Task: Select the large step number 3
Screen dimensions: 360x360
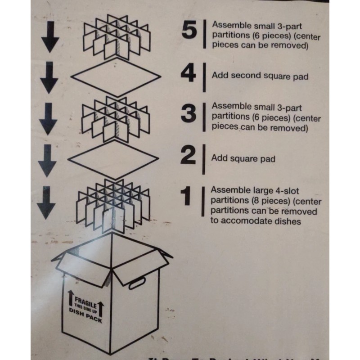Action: [x=189, y=114]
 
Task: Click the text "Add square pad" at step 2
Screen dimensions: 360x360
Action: [x=243, y=159]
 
